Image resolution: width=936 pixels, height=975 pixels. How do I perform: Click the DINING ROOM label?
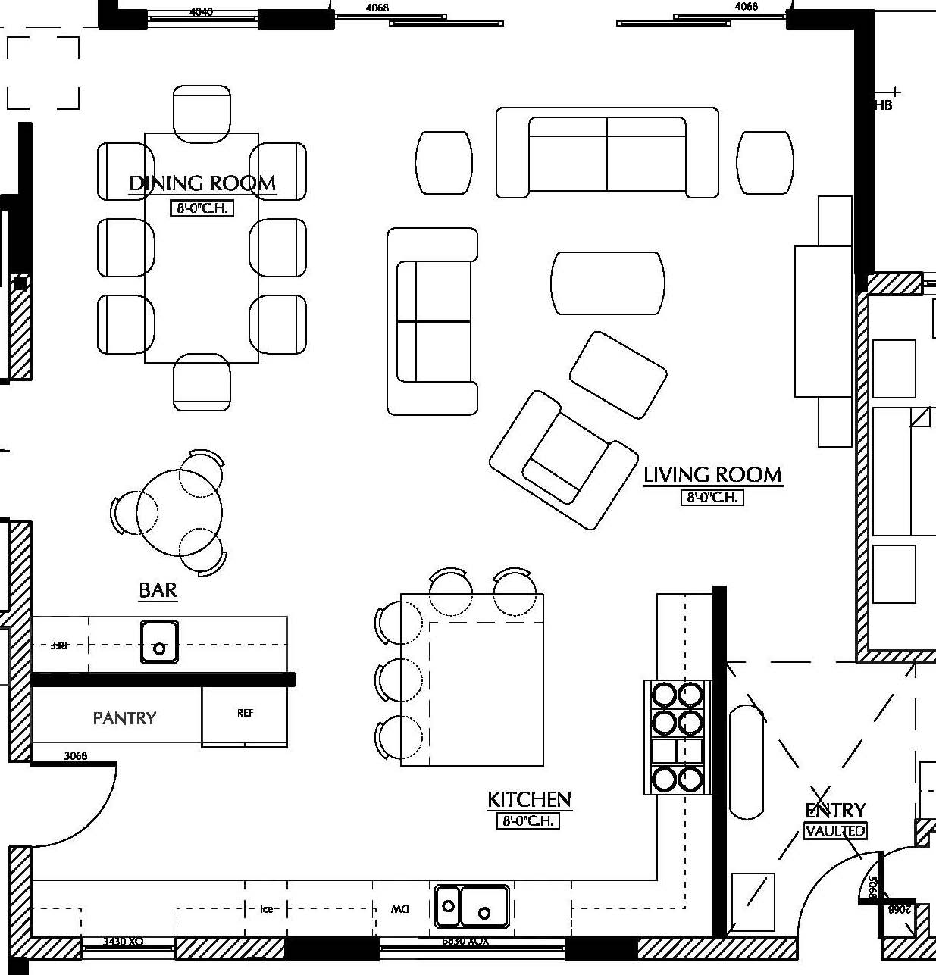pos(202,183)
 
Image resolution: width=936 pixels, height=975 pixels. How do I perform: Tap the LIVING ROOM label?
pos(712,475)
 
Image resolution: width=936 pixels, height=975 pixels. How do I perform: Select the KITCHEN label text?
pos(529,799)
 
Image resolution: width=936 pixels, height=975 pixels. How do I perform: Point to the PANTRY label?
pos(124,718)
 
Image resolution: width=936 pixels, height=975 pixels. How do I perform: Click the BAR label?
pos(158,590)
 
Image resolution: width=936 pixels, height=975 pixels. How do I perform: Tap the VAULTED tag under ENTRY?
pos(835,831)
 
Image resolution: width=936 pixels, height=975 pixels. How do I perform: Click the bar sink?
pos(159,642)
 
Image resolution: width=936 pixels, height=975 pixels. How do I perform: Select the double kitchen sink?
pos(472,906)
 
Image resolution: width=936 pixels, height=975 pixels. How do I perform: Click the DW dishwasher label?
pos(400,908)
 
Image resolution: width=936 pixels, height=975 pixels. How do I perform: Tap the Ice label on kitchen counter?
pos(266,908)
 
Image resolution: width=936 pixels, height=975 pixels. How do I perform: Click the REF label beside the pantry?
pos(245,713)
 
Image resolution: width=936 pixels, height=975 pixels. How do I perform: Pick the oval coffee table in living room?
pos(607,283)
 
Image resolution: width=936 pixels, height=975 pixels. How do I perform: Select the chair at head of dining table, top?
pos(202,114)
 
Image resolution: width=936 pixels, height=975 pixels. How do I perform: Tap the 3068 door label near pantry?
pos(75,755)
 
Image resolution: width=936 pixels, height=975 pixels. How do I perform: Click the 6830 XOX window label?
pos(465,941)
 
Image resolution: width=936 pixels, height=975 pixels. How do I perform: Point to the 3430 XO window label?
pos(123,942)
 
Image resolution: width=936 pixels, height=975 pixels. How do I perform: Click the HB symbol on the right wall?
pos(883,105)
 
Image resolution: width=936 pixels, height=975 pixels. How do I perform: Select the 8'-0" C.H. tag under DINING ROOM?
pos(202,208)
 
